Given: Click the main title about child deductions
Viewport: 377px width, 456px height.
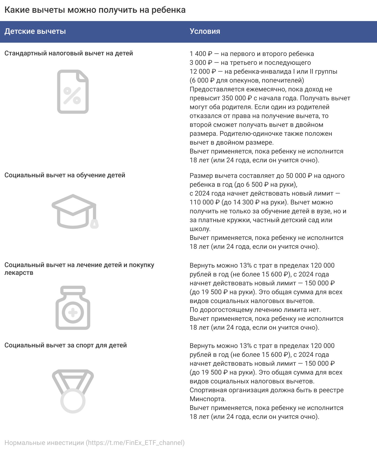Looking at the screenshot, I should click(x=95, y=10).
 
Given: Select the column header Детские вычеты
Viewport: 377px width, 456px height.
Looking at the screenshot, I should click(x=35, y=31).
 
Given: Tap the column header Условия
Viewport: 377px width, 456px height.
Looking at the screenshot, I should click(x=205, y=31).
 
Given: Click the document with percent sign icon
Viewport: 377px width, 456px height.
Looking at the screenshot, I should click(x=73, y=92).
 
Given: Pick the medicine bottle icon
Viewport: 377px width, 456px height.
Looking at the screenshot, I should click(x=73, y=308).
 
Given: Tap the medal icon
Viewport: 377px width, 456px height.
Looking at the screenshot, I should click(x=73, y=391).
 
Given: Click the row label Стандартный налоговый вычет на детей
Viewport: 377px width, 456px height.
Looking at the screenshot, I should click(x=69, y=53).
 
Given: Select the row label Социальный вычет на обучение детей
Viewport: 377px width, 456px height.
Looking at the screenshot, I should click(x=65, y=175).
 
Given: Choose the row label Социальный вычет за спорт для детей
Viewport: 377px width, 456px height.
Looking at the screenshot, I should click(x=66, y=345).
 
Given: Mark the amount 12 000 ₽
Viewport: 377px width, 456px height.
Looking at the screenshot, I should click(x=203, y=71).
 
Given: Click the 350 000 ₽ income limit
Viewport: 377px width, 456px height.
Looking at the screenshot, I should click(x=237, y=98).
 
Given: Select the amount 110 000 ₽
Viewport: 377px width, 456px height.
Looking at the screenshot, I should click(x=205, y=202).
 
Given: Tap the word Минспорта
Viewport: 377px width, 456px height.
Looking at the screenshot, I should click(x=208, y=399).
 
